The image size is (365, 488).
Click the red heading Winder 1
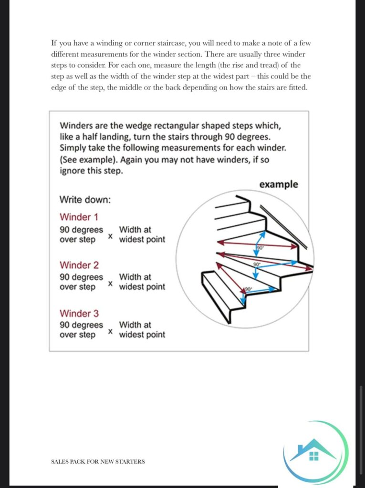coord(79,217)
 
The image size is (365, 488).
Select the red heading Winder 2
coord(79,265)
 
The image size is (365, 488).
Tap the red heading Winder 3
coord(79,313)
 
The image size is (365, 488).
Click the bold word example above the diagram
coord(278,184)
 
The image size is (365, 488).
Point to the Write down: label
coord(85,199)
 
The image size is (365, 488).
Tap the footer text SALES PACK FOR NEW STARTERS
coord(98,461)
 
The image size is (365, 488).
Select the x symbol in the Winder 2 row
coord(111,284)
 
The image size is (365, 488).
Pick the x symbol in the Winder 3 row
coord(111,331)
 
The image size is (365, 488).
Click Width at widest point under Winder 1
coord(142,234)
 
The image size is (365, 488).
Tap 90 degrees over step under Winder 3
coord(81,330)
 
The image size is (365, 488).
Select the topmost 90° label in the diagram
coord(260,248)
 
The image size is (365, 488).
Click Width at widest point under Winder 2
coord(142,282)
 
